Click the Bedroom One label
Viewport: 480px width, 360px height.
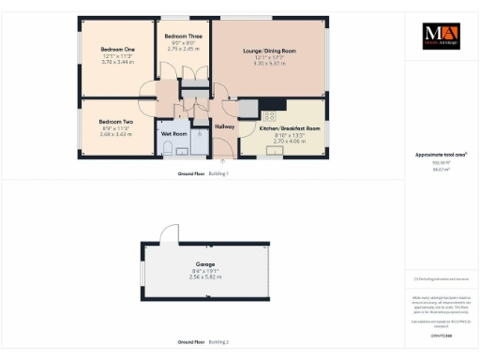(116, 49)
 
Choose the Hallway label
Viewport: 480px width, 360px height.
(225, 127)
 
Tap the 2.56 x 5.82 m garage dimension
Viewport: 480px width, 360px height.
(206, 277)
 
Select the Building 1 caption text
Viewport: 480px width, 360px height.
(218, 174)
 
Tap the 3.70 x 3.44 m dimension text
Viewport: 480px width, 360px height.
(116, 61)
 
